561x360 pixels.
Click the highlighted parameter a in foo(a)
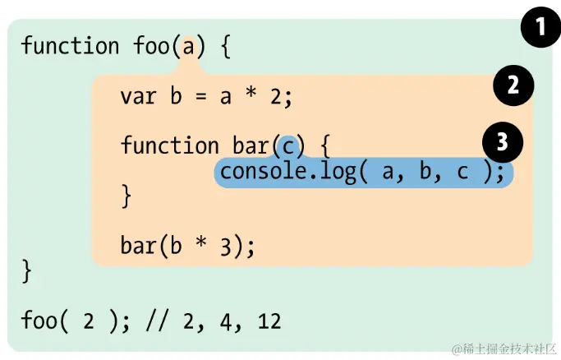tap(188, 45)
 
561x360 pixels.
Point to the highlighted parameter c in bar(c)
tap(287, 146)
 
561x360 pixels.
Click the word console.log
tap(287, 172)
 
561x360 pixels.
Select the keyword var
tap(138, 97)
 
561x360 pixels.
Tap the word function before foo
tap(71, 45)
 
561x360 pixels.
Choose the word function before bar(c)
tap(170, 146)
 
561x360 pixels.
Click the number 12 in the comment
tap(269, 320)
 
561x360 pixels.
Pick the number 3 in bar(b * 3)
tap(227, 247)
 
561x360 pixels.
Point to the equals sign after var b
tap(200, 97)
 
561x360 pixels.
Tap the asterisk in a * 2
tap(250, 96)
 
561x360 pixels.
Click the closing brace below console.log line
tap(126, 196)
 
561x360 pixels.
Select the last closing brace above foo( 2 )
tap(27, 270)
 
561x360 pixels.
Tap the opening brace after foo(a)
tap(226, 46)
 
